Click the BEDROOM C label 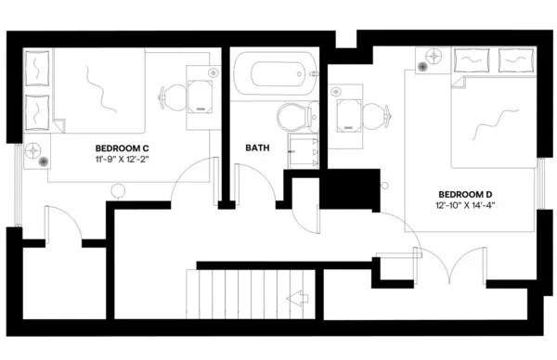tap(122, 148)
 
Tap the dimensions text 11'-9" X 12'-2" tap(122, 160)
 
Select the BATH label tap(257, 148)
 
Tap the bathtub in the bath tap(275, 74)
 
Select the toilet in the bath tap(294, 118)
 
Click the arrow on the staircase tap(298, 298)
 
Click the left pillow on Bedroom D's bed tap(472, 60)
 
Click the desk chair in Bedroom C tap(174, 96)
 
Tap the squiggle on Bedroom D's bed tap(494, 121)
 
